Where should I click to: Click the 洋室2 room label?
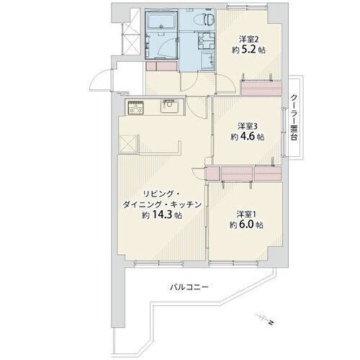[248, 39]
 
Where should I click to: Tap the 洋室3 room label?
[248, 126]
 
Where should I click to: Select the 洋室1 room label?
[247, 214]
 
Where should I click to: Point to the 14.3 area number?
[161, 215]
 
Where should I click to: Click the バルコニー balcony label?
[189, 287]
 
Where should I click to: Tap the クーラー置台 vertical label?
[294, 117]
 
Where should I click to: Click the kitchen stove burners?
[136, 107]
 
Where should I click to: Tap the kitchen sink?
[169, 107]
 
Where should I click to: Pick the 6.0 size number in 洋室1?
[248, 225]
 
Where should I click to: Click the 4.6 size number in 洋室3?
[248, 137]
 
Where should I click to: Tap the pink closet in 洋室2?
[261, 88]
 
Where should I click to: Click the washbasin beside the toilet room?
[208, 61]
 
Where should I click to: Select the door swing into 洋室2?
[226, 84]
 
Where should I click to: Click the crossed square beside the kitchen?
[127, 144]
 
